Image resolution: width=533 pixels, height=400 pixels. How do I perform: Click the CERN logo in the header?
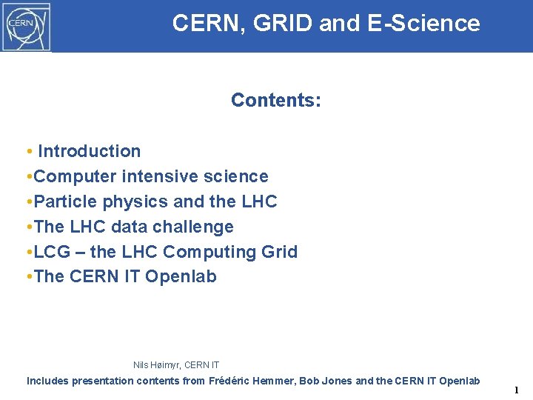click(26, 26)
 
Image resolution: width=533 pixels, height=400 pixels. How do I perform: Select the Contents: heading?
click(275, 100)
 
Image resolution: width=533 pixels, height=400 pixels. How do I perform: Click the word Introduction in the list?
click(89, 151)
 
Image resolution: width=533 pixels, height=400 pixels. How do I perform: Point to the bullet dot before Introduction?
click(28, 152)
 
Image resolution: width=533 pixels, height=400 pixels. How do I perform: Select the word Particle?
click(64, 201)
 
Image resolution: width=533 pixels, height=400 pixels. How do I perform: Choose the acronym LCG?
click(52, 252)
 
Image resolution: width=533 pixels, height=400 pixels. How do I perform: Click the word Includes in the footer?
click(48, 381)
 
